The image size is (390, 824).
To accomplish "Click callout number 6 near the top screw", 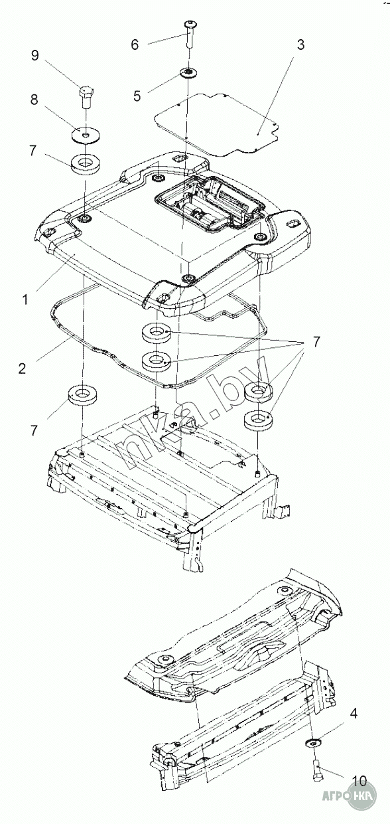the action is pos(135,45).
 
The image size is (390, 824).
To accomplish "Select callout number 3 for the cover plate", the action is pos(300,45).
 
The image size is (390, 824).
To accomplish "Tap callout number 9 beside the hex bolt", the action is pos(34,56).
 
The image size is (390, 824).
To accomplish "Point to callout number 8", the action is pos(34,100).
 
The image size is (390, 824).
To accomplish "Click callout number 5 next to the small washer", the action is pos(137,96).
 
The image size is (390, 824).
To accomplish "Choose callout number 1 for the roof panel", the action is pos(25,299).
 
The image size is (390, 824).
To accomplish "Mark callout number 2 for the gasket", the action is pos(23,369).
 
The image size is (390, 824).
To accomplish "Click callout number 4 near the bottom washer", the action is pos(354,714).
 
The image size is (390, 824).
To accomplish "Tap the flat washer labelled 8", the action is pos(86,135).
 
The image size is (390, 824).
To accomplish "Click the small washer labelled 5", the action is pos(188,72).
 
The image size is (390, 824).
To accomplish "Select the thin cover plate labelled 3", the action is pos(216,124).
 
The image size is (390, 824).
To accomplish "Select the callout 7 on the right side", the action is pos(316,342).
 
